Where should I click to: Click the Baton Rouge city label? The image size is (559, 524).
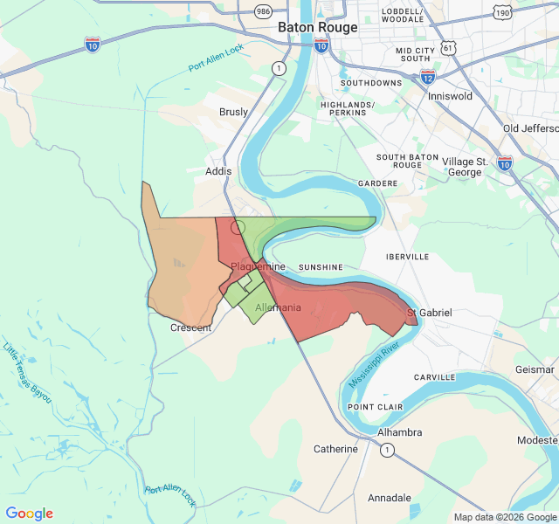coord(317,27)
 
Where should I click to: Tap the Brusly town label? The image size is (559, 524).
coord(233,112)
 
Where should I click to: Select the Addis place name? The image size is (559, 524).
coord(218,171)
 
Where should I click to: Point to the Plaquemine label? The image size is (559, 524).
coord(259,265)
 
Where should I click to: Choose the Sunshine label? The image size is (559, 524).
coord(321,266)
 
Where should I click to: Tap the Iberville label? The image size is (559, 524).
coord(408,257)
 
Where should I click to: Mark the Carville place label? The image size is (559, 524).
coord(434,377)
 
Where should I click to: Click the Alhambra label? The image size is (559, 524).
coord(399,432)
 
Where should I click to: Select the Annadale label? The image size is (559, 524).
coord(389,498)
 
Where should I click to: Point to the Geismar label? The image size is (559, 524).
coord(535,369)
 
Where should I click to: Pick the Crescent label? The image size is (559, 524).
coord(191,328)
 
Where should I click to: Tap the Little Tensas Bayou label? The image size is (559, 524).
coord(27,373)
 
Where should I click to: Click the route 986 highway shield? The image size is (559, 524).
coord(262,11)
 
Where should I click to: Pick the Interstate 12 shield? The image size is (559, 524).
coord(427,76)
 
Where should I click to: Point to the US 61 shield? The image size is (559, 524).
coord(447,46)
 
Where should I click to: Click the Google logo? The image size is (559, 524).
coord(30,514)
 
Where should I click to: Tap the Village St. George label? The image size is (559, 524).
coord(465,167)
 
